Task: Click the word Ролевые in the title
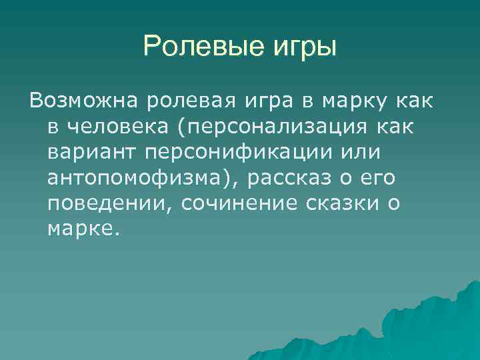coord(193,47)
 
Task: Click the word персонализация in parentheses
coord(279,127)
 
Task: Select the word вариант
coord(90,152)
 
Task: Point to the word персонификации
coord(236,152)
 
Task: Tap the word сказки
coord(337,203)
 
